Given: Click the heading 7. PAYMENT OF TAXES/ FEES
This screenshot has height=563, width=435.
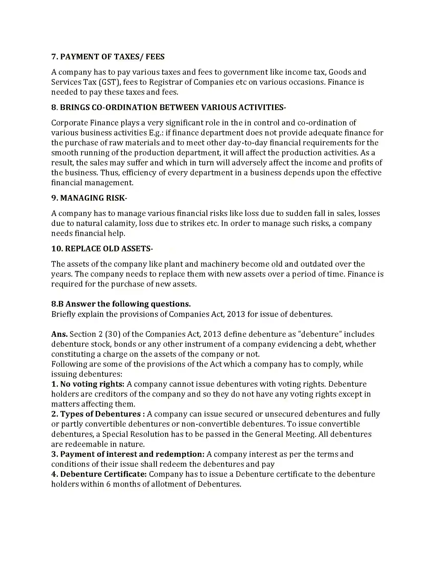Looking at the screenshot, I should pos(108,57).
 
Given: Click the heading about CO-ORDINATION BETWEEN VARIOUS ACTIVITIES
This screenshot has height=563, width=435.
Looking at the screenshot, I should pos(169,107).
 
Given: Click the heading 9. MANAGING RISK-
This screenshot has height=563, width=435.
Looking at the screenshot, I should pos(89,198).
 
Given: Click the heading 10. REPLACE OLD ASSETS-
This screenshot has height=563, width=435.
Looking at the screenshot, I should pos(102,249).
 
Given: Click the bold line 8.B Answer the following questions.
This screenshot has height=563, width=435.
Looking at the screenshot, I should pos(121,304).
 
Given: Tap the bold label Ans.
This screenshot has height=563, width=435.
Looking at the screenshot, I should pos(59,334).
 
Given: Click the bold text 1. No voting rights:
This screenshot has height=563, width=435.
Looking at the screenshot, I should pos(88,384).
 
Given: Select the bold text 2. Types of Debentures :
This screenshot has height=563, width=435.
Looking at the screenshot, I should pos(98,414).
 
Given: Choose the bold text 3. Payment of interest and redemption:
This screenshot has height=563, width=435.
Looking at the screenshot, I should pos(128,454).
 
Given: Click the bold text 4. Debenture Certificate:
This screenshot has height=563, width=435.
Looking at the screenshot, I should pos(99,474).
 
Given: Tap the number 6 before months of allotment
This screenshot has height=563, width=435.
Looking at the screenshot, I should pos(108,484).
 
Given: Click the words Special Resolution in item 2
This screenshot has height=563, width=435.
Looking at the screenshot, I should pos(136,434).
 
